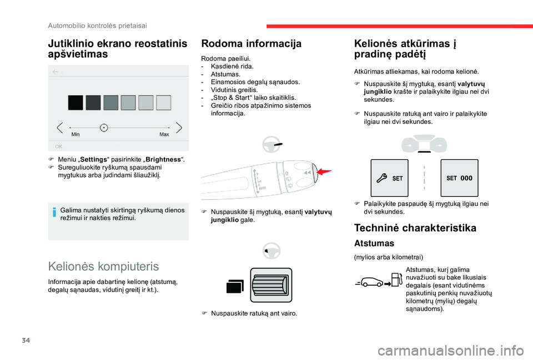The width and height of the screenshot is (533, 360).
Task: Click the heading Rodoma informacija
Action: [x=251, y=43]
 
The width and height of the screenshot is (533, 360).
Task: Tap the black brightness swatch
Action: [x=76, y=103]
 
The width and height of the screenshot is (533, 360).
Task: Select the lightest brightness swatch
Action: [x=163, y=103]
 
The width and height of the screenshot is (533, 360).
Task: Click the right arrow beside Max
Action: [x=178, y=128]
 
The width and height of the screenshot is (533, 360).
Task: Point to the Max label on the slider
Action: [x=164, y=134]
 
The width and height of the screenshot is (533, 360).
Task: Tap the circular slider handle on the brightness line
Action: [x=104, y=128]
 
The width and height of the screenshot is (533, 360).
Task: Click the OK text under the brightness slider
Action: [x=58, y=146]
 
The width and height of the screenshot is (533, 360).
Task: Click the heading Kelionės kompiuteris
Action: [x=103, y=266]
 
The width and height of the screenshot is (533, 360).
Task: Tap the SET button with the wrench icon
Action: [x=389, y=178]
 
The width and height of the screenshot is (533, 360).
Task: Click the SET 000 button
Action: [x=459, y=178]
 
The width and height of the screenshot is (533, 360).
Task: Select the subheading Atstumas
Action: [x=374, y=243]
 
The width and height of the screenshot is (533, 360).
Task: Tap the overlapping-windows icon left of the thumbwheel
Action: [x=234, y=286]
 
